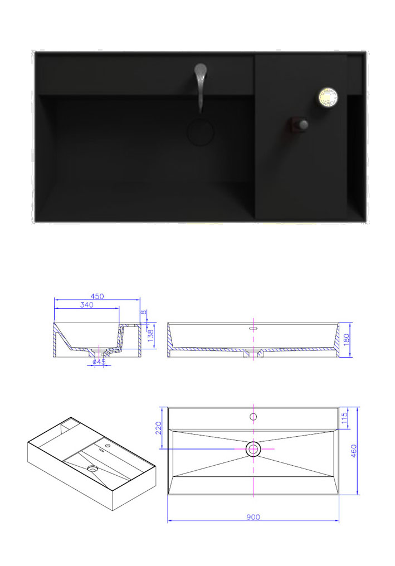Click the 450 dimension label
pos(97,296)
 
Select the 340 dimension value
pos(87,305)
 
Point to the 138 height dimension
pos(151,336)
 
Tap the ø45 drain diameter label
pos(99,362)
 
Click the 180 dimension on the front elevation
pos(347,339)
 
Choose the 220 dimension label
pos(159,428)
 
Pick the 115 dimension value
pos(344,418)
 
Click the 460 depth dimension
pos(354,451)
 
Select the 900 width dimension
pos(253,517)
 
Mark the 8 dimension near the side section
pos(144,312)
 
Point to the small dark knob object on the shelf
pos(298,125)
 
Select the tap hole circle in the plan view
pos(253,417)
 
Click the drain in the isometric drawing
pos(93,469)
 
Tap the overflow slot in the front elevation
pos(253,329)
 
